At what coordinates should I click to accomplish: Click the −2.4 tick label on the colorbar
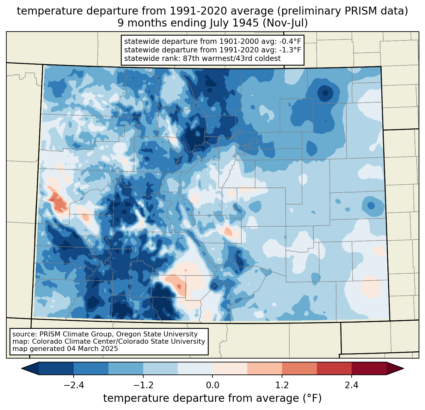pos(74,385)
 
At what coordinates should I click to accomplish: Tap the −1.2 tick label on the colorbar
pos(143,385)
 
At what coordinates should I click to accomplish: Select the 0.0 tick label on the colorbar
pos(212,385)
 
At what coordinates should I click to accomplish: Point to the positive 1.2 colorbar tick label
pos(282,385)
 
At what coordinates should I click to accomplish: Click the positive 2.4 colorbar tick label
pos(351,385)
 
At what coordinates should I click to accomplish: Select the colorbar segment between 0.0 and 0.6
pos(230,368)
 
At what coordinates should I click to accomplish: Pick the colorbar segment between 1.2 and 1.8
pos(299,368)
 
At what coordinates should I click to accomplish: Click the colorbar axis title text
pos(212,398)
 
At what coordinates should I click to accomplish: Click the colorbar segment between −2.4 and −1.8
pos(91,368)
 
